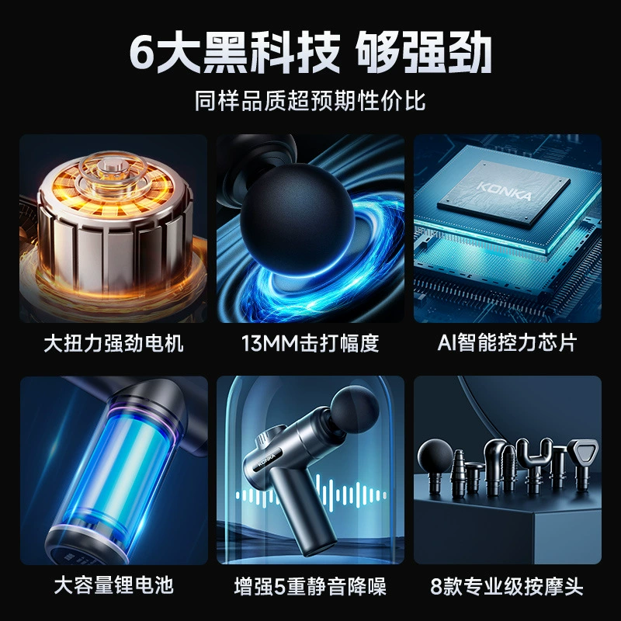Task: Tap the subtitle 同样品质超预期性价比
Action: [310, 101]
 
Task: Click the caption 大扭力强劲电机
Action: [113, 343]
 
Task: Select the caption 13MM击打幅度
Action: [310, 343]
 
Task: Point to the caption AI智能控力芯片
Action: [507, 343]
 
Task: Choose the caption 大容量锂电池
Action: [113, 585]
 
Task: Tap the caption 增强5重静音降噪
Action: [310, 586]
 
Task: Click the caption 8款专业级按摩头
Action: [507, 586]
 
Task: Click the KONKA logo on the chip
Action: [505, 191]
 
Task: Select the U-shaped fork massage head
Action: [535, 461]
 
